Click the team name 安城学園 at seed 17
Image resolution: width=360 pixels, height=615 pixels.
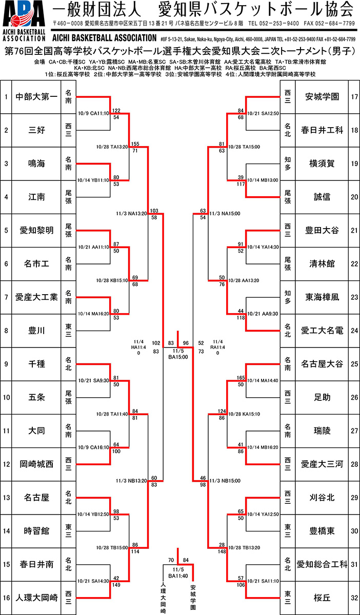click(322, 96)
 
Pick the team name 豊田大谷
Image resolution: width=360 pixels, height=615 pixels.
click(322, 230)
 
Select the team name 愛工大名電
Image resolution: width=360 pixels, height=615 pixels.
click(322, 331)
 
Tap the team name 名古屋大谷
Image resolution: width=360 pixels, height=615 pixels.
click(322, 364)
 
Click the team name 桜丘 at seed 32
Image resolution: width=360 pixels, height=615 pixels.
click(322, 598)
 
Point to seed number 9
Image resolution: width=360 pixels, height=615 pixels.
click(6, 364)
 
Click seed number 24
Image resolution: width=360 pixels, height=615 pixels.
click(354, 331)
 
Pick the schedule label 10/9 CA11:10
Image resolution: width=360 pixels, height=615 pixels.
click(93, 114)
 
